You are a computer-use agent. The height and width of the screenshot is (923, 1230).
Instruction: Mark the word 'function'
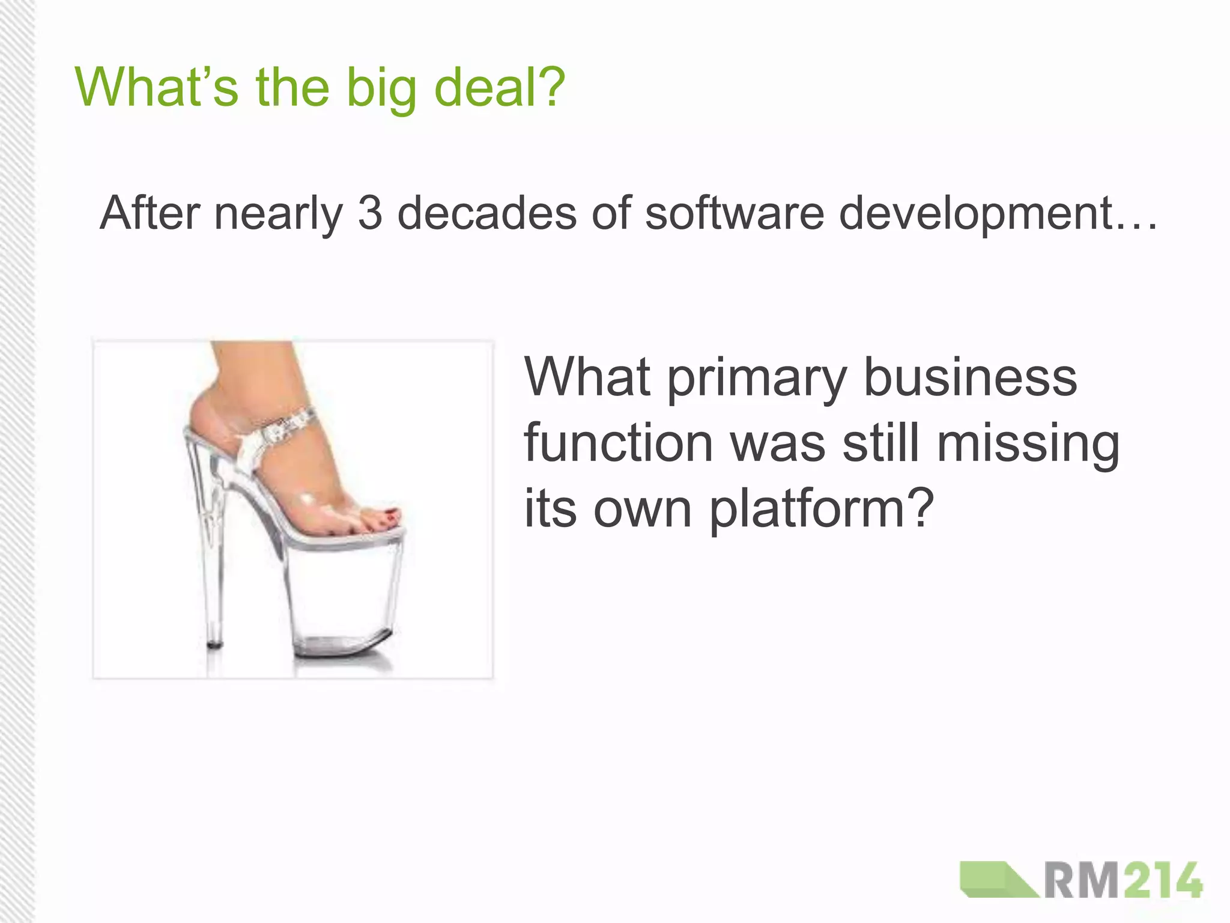click(618, 443)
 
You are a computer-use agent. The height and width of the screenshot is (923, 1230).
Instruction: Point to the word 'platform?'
click(822, 509)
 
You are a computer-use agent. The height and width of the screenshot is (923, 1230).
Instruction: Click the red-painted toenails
click(384, 518)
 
